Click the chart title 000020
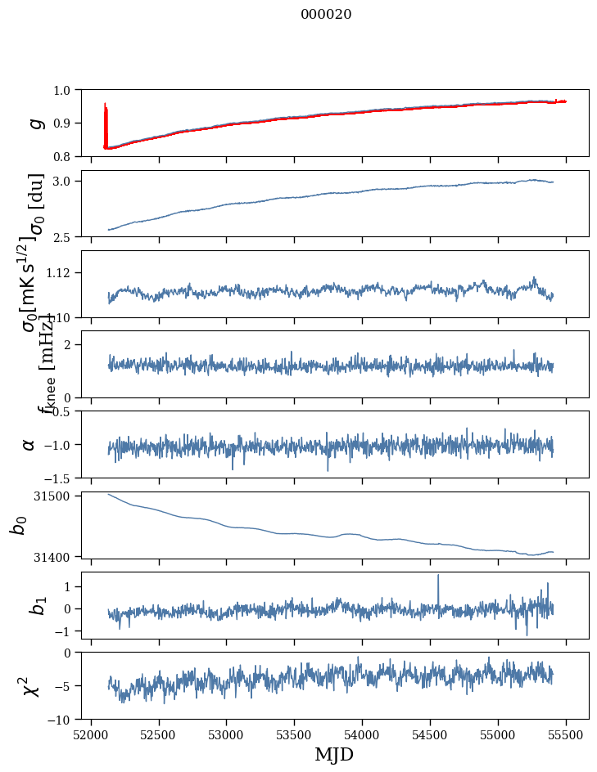(326, 15)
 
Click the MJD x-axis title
(334, 755)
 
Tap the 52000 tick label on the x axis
(91, 734)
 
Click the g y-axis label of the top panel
(34, 123)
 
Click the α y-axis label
(29, 443)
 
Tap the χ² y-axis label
(29, 686)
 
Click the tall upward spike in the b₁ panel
(438, 577)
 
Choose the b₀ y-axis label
(18, 524)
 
